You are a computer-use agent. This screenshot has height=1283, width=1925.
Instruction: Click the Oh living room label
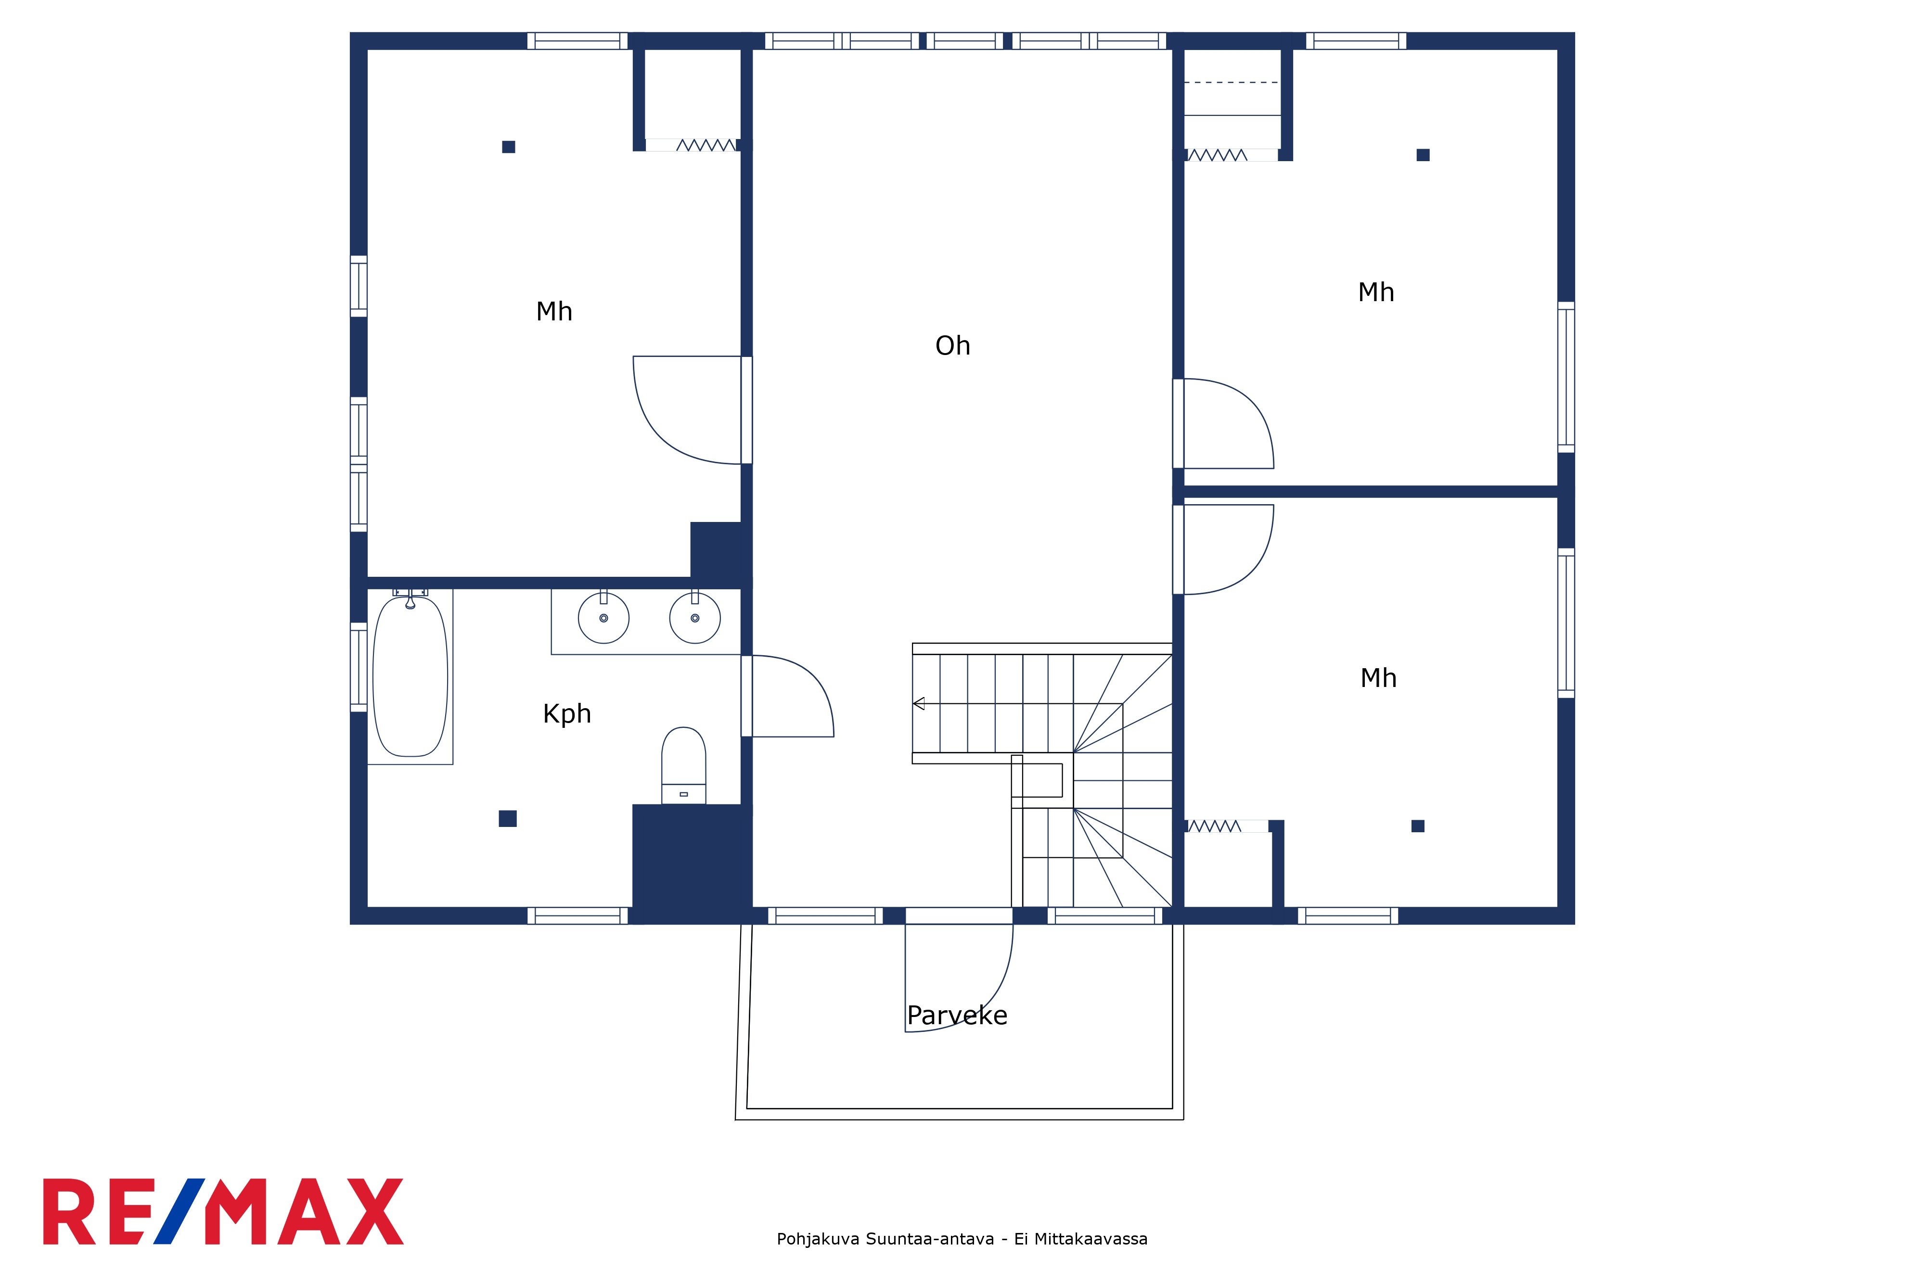953,346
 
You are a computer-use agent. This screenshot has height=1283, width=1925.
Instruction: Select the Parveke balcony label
957,1016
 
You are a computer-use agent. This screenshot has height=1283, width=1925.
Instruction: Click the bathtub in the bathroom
410,677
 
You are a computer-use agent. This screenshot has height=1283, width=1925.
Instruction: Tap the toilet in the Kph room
683,765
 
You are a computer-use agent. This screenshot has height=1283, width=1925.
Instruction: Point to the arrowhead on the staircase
918,704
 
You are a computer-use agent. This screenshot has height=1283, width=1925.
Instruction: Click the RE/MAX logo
223,1212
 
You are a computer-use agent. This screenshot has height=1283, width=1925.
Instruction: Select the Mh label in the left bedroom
554,312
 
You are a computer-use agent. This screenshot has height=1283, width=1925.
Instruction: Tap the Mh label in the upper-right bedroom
1376,292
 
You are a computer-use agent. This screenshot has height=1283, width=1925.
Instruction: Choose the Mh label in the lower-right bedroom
1378,678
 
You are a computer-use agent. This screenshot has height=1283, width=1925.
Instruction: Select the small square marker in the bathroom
507,818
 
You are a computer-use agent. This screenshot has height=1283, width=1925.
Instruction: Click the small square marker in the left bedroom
508,147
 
